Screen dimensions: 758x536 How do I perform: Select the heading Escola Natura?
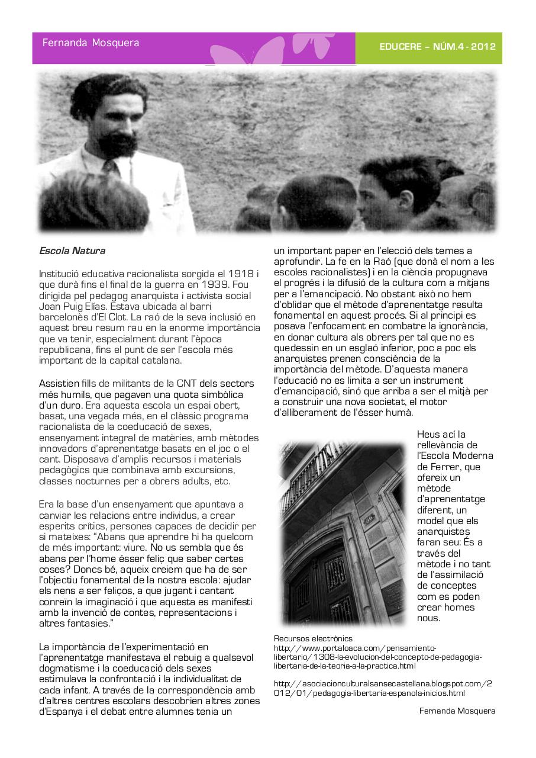click(x=72, y=250)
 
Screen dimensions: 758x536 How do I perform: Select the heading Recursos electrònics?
click(x=313, y=638)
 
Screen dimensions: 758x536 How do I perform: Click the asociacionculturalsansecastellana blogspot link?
click(x=383, y=688)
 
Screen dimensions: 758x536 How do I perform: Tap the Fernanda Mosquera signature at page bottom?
click(x=457, y=711)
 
